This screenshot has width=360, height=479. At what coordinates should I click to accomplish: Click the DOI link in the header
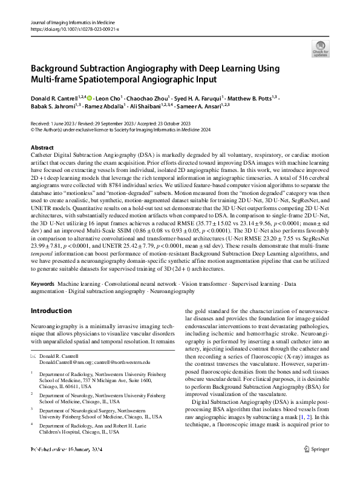(x=70, y=28)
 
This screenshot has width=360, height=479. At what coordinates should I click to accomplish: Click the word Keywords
(x=43, y=284)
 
